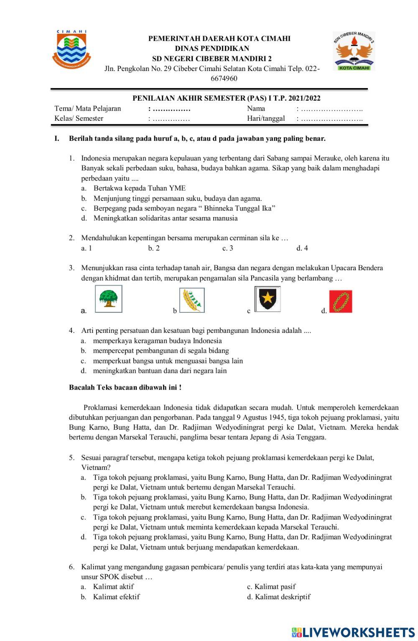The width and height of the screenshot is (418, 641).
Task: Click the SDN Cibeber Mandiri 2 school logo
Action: [x=354, y=51]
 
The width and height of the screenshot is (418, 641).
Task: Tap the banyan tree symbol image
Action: [x=109, y=299]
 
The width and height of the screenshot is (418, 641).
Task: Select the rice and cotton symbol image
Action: [x=192, y=300]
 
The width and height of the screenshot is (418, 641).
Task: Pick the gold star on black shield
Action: [x=268, y=299]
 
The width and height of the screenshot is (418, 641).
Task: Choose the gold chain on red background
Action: [x=341, y=301]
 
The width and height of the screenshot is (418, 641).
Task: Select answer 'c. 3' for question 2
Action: [x=228, y=248]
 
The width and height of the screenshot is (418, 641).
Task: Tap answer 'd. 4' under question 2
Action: [x=302, y=248]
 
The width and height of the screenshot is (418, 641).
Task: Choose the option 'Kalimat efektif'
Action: [x=116, y=597]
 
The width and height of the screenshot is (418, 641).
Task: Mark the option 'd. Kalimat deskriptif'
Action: [x=278, y=597]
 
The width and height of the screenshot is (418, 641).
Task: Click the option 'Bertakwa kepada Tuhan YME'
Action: [x=139, y=188]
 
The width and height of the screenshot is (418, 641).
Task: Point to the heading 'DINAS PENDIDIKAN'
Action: [x=212, y=48]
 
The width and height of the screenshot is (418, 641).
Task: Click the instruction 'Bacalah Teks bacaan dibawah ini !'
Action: [x=125, y=388]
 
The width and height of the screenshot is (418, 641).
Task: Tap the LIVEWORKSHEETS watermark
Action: [x=353, y=632]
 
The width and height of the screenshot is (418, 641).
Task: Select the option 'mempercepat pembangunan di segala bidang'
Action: [x=161, y=351]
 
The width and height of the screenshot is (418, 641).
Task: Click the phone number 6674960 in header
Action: [x=224, y=79]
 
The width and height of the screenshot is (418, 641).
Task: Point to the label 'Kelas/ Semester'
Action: [x=79, y=119]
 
